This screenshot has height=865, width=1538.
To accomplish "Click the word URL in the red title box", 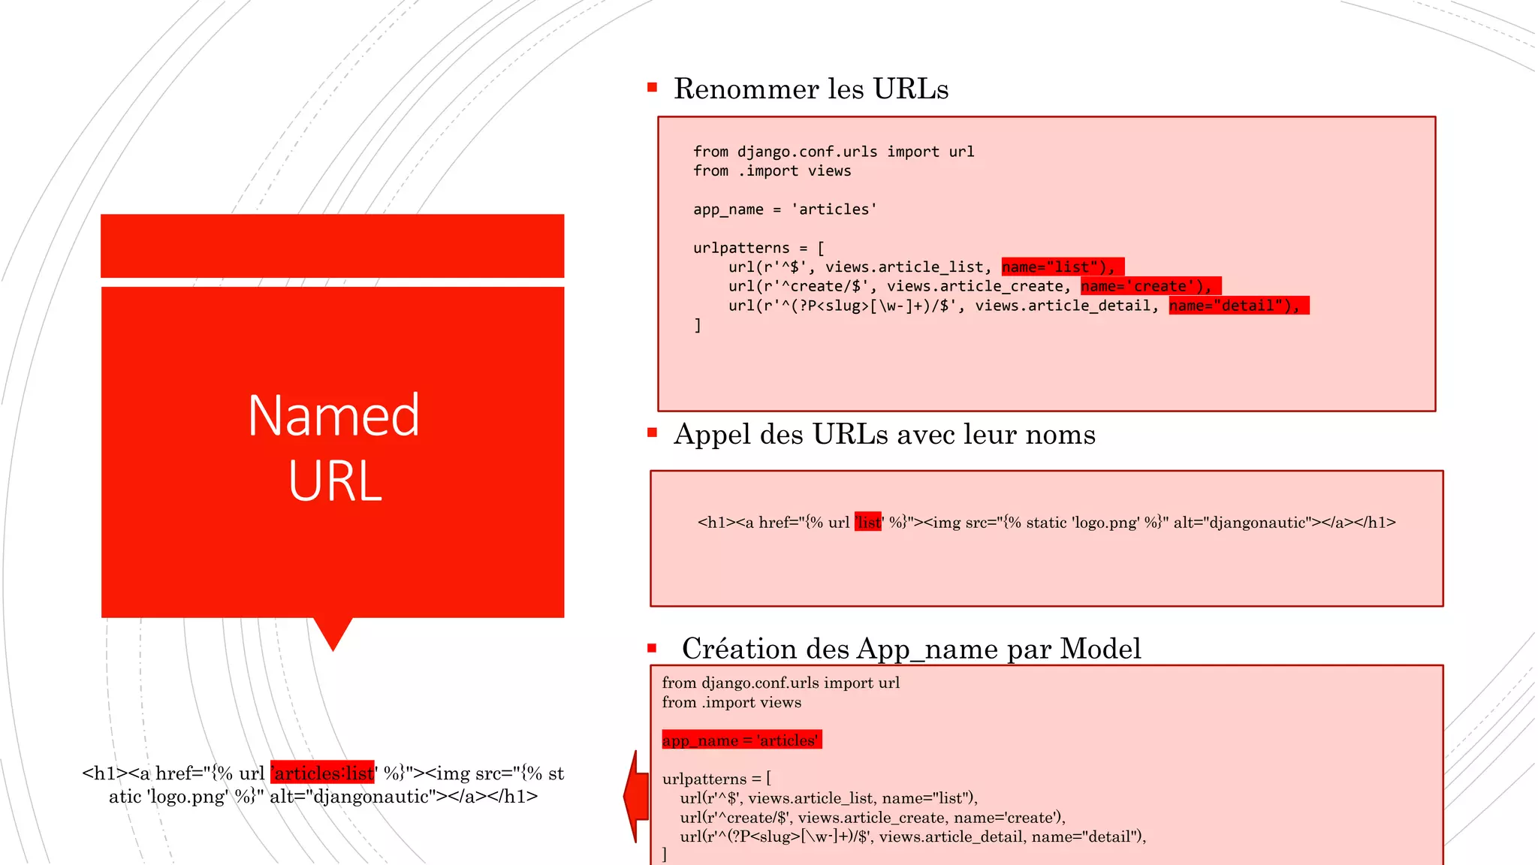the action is click(x=335, y=481).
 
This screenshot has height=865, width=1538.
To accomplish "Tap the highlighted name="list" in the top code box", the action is click(x=1062, y=267).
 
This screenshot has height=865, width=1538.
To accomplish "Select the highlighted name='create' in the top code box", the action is click(x=1150, y=286).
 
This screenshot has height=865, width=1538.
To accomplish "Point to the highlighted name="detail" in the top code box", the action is click(x=1238, y=306).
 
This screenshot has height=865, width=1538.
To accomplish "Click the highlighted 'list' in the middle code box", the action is click(x=868, y=523).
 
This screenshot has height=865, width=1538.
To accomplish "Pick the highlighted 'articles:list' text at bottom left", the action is click(x=323, y=773).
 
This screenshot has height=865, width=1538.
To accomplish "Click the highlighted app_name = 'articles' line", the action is click(x=741, y=740).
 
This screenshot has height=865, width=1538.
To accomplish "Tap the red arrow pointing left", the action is click(x=636, y=796).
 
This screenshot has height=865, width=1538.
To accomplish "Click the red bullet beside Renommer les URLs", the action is click(x=652, y=88).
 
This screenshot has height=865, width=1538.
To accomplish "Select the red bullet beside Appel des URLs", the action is click(x=652, y=432).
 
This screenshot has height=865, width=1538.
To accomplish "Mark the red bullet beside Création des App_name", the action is click(x=652, y=647).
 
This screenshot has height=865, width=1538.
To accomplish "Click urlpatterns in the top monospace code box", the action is click(x=741, y=248).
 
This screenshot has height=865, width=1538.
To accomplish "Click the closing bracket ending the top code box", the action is click(x=698, y=325).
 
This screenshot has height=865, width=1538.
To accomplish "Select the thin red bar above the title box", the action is click(x=333, y=246).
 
